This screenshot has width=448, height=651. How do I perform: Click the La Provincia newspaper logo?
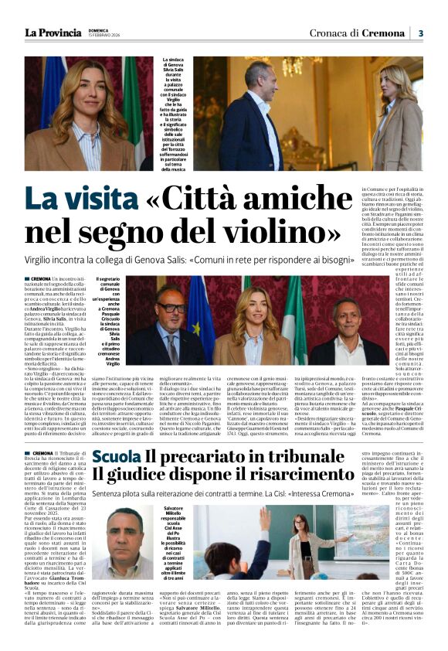point(52,32)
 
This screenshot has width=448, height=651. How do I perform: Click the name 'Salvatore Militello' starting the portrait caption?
point(175,513)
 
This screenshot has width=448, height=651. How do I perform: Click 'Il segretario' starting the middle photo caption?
point(109,279)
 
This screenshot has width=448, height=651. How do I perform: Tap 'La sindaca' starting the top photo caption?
point(175,60)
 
